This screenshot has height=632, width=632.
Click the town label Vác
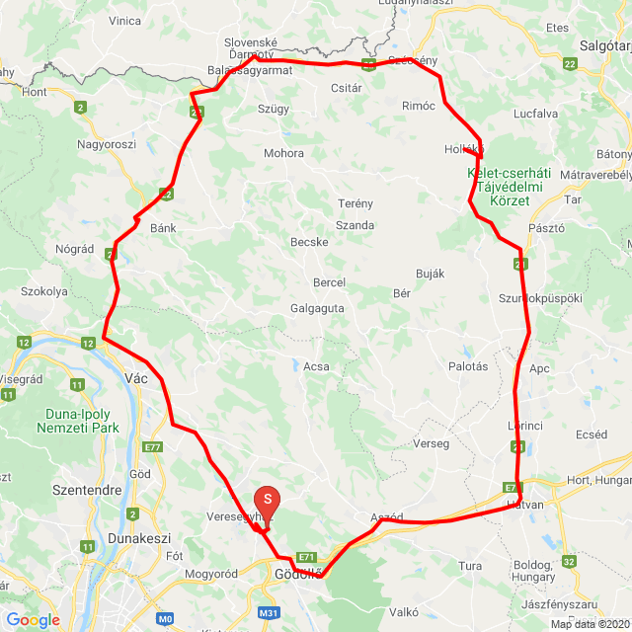coord(136,376)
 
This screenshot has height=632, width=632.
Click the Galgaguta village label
coord(317,308)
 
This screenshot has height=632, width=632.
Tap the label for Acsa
coord(316,366)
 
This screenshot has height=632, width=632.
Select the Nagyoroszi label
coord(107,144)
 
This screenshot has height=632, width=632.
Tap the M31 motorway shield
coord(268,613)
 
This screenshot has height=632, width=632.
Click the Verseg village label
coord(432,443)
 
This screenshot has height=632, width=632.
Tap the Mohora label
coord(283,153)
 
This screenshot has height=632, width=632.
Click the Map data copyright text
coord(590,624)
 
